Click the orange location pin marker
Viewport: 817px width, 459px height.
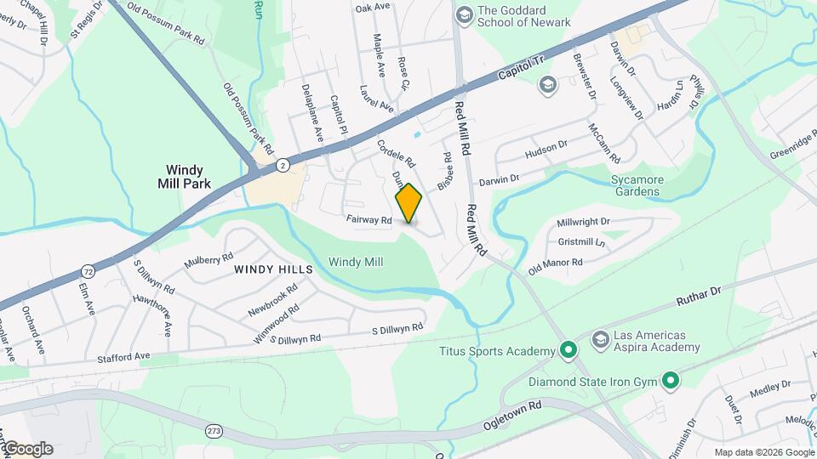pyautogui.click(x=409, y=203)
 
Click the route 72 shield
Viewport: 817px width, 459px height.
pyautogui.click(x=88, y=270)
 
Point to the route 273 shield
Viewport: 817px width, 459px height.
pyautogui.click(x=214, y=432)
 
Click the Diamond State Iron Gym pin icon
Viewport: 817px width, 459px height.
pyautogui.click(x=671, y=382)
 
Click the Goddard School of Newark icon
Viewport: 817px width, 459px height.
pyautogui.click(x=464, y=14)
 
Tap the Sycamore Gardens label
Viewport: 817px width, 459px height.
pyautogui.click(x=647, y=185)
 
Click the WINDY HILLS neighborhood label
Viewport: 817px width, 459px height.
pyautogui.click(x=273, y=269)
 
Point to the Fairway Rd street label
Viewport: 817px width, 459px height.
pyautogui.click(x=369, y=220)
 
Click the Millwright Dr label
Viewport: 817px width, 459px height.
pyautogui.click(x=583, y=222)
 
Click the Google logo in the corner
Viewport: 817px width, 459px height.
pyautogui.click(x=27, y=449)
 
